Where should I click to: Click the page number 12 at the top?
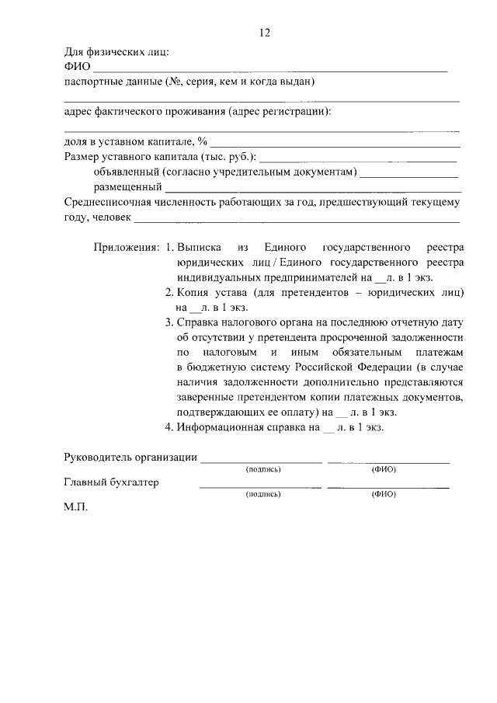pos(264,33)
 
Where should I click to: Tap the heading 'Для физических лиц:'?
pos(116,53)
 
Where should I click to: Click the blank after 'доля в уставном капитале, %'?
pos(335,145)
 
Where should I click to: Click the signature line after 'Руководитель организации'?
pos(261,461)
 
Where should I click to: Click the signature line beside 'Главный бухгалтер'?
pos(261,487)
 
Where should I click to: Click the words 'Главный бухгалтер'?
pos(111,482)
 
